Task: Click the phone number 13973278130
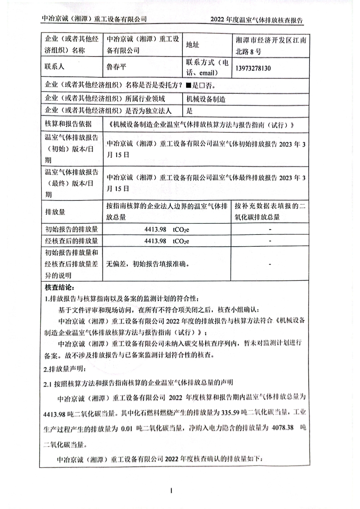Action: coord(253,68)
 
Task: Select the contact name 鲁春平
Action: coord(116,66)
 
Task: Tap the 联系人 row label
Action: coord(54,66)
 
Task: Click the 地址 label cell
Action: coord(192,45)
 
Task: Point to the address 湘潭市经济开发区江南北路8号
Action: coord(271,46)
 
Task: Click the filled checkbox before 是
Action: coord(188,86)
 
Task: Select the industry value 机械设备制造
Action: coord(206,99)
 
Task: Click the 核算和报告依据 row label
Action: coord(68,124)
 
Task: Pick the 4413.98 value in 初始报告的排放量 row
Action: coord(155,229)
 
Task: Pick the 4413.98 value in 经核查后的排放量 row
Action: coord(155,241)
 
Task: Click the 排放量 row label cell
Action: coord(55,212)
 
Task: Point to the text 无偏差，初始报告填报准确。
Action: coord(148,264)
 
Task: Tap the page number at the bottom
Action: coord(172,491)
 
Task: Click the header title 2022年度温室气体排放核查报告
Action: coord(257,20)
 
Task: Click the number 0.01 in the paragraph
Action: coord(127,429)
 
